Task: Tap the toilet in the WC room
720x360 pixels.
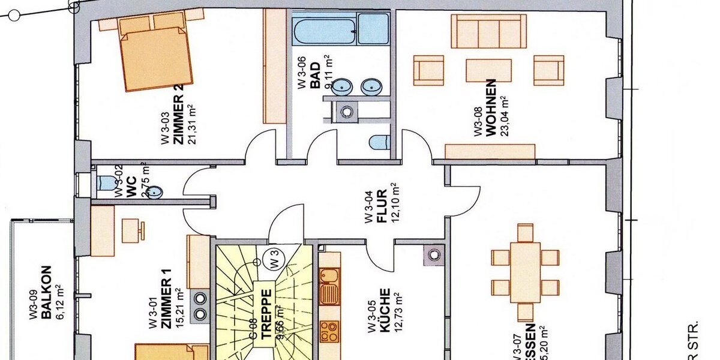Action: [105, 182]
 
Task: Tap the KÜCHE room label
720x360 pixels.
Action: [385, 311]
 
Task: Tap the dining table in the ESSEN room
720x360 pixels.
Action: [525, 272]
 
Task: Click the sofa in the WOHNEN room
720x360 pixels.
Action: [488, 31]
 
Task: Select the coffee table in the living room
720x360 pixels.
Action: [488, 70]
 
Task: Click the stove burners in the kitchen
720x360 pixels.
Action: [329, 331]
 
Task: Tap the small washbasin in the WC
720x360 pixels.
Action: [155, 192]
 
